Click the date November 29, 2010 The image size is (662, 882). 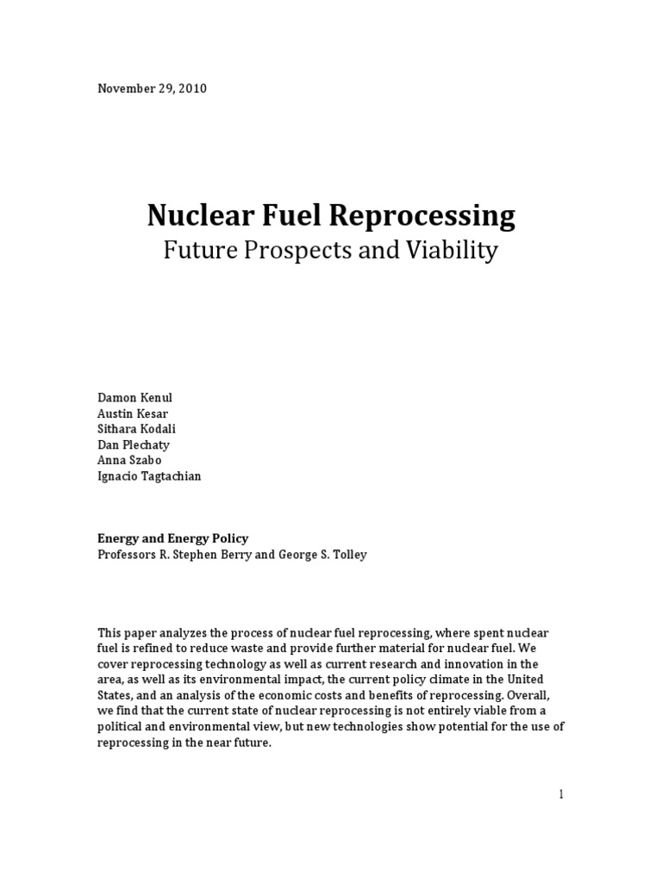pos(152,89)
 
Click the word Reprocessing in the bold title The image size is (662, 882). pos(419,215)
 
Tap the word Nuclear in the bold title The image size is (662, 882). pos(190,215)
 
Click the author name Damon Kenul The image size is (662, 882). pos(134,398)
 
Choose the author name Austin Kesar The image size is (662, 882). pos(132,413)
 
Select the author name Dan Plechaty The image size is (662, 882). pos(133,444)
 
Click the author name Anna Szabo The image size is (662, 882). pos(128,460)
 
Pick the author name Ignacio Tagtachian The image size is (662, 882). pos(149,476)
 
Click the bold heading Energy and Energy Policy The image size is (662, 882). pos(172,538)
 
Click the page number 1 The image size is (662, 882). pos(561,794)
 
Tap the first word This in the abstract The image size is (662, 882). pos(109,633)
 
